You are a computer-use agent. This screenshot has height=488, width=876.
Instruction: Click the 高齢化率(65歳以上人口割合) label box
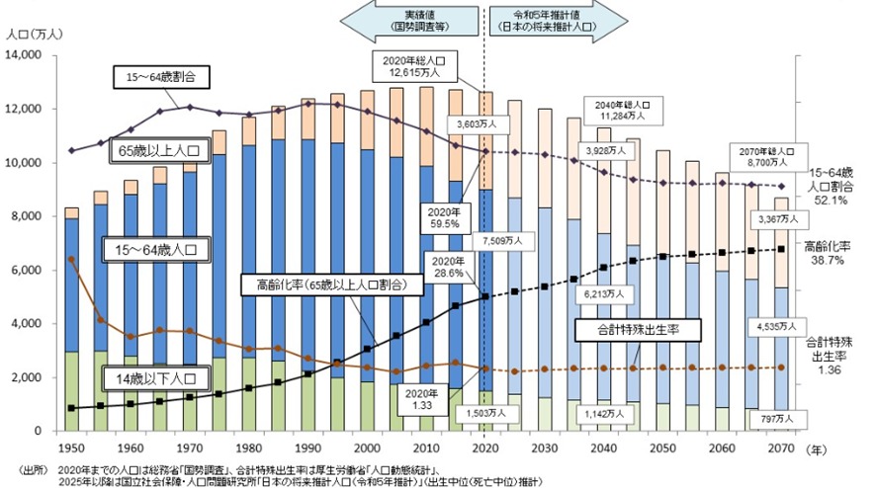323,285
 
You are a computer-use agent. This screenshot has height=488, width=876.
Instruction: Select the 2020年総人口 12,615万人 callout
414,65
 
